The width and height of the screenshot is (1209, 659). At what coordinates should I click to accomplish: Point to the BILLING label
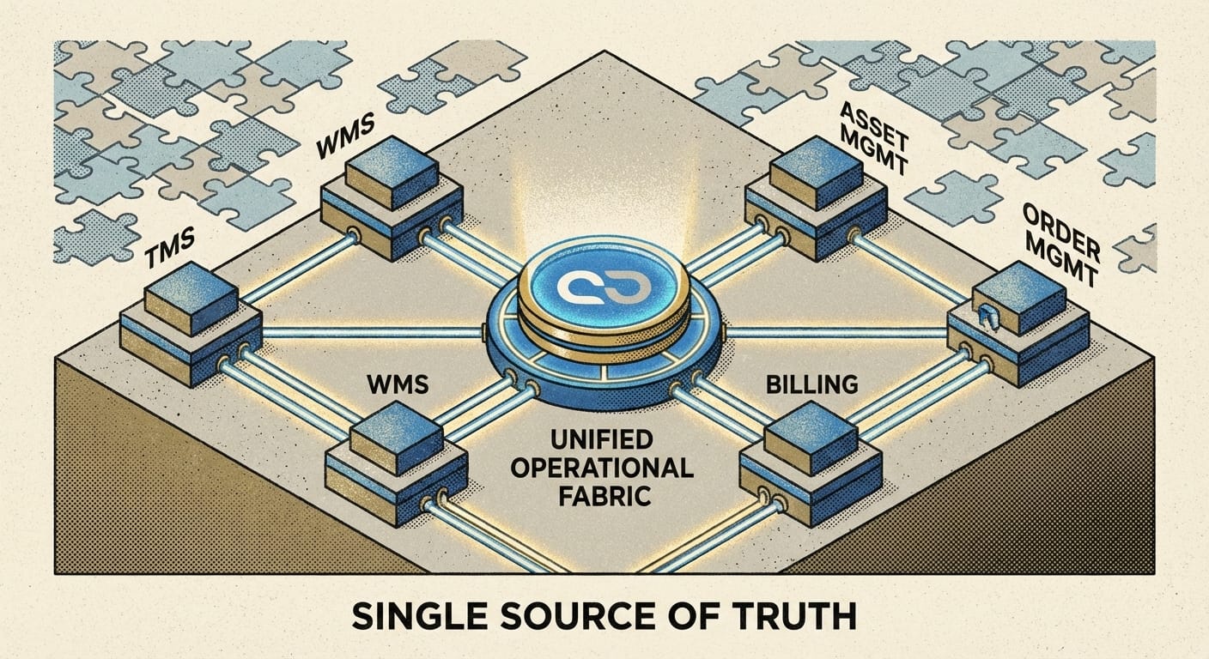click(810, 384)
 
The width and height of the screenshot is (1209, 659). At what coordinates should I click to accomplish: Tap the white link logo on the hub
click(603, 290)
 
